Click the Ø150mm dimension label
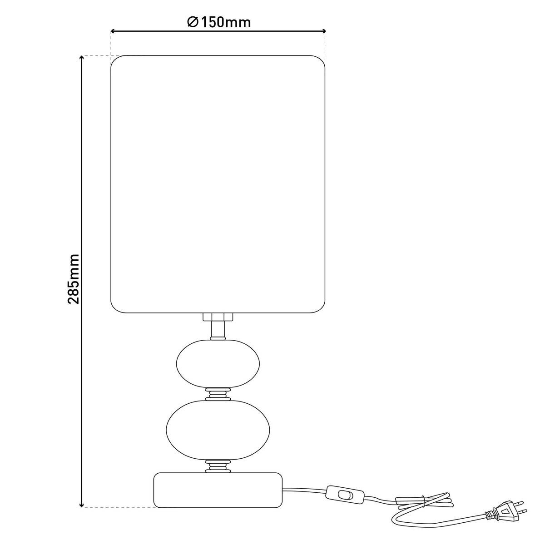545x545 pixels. [x=219, y=22]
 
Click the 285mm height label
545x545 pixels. [x=74, y=279]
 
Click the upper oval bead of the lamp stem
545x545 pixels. [x=218, y=363]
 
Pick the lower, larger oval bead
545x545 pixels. [x=218, y=430]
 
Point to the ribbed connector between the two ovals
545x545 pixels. [x=218, y=394]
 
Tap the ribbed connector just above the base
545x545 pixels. [x=218, y=466]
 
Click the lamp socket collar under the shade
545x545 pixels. [x=218, y=317]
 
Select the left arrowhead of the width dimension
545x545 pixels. [x=113, y=31]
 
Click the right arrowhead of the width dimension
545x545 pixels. [x=323, y=31]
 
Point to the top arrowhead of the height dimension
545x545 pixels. [x=82, y=58]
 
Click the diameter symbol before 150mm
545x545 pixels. [x=193, y=22]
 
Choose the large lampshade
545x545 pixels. [x=218, y=184]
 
